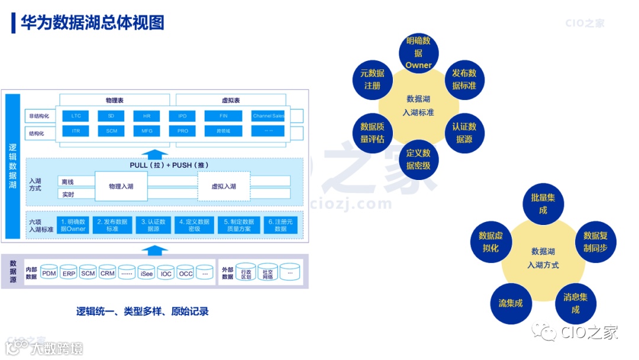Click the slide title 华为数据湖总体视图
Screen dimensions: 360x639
(x=92, y=22)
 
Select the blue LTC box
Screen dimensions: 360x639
(x=76, y=116)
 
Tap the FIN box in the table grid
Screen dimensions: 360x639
(x=224, y=116)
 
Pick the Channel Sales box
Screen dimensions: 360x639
(x=268, y=116)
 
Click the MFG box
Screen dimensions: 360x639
(x=147, y=131)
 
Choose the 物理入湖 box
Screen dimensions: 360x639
(x=121, y=187)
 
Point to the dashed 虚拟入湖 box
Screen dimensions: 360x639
(x=224, y=187)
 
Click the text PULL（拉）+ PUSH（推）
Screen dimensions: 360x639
(x=169, y=165)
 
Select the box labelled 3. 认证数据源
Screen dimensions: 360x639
(x=153, y=225)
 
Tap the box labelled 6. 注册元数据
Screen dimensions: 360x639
(x=280, y=225)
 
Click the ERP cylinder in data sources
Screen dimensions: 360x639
(x=69, y=273)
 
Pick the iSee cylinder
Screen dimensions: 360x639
(x=147, y=273)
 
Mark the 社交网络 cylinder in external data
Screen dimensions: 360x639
(x=268, y=272)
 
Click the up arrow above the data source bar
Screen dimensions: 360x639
(x=155, y=250)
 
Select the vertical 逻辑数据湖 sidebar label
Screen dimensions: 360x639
(x=13, y=166)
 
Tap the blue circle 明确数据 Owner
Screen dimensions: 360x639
(x=418, y=53)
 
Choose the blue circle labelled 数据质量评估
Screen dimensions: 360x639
(x=372, y=133)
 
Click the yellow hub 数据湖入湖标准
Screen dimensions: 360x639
(x=418, y=105)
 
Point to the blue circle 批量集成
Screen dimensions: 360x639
(x=543, y=204)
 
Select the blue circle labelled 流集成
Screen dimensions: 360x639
(x=510, y=303)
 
